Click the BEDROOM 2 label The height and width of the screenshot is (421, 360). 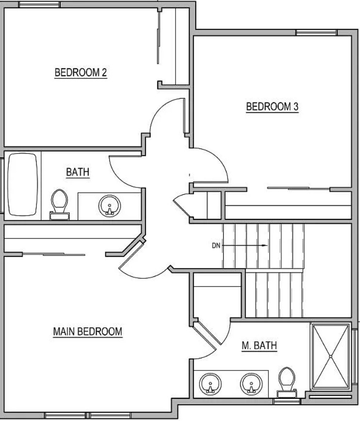pyautogui.click(x=81, y=72)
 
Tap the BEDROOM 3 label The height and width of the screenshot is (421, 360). pyautogui.click(x=272, y=107)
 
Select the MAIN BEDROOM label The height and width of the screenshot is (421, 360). pyautogui.click(x=88, y=332)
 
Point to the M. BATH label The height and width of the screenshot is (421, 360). pyautogui.click(x=259, y=345)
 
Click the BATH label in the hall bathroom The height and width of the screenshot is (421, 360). pyautogui.click(x=78, y=172)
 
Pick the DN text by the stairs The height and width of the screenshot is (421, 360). pyautogui.click(x=216, y=245)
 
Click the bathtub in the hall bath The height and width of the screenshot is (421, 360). pyautogui.click(x=22, y=185)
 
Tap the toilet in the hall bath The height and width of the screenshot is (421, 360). pyautogui.click(x=59, y=204)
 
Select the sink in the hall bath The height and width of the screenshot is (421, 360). pyautogui.click(x=110, y=206)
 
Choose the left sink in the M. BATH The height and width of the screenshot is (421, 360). pyautogui.click(x=210, y=384)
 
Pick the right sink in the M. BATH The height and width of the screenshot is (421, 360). pyautogui.click(x=251, y=384)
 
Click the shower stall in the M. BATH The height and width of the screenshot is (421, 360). pyautogui.click(x=331, y=356)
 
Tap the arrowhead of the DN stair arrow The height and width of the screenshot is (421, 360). pyautogui.click(x=265, y=245)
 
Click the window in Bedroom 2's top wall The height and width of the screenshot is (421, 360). pyautogui.click(x=39, y=4)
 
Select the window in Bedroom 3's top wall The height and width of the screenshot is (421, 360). pyautogui.click(x=316, y=33)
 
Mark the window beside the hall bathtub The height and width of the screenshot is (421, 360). pyautogui.click(x=1, y=186)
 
